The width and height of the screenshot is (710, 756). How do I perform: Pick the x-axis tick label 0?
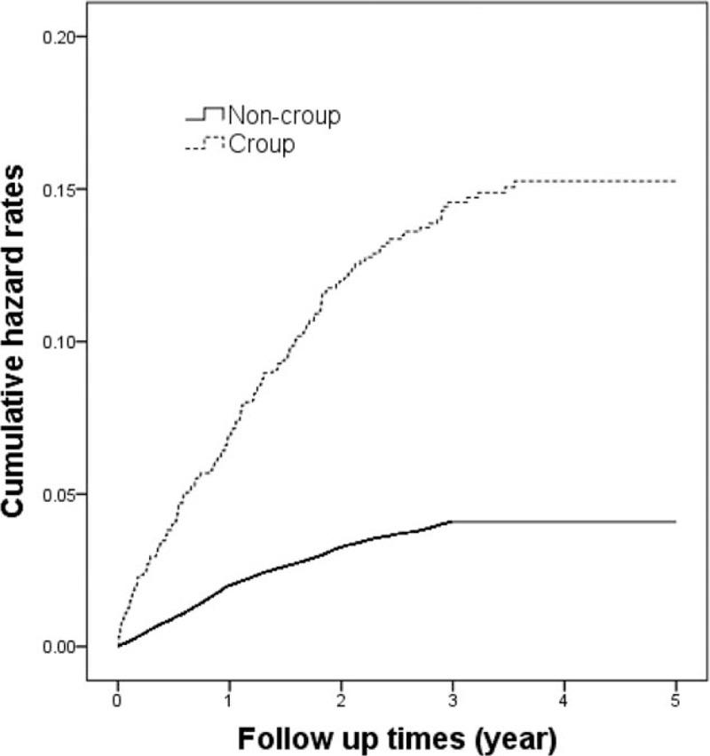point(118,699)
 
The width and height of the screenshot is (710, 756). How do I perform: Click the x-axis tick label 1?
point(230,699)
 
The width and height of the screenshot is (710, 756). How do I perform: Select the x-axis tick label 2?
point(342,699)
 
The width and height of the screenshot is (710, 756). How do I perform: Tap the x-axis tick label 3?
point(453,699)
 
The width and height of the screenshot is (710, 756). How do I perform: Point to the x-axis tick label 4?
point(564,699)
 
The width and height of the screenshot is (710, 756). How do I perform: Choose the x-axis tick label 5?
point(676,699)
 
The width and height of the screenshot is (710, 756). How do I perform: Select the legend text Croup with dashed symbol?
point(262,144)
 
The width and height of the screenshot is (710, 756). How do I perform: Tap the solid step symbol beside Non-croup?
point(204,115)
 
